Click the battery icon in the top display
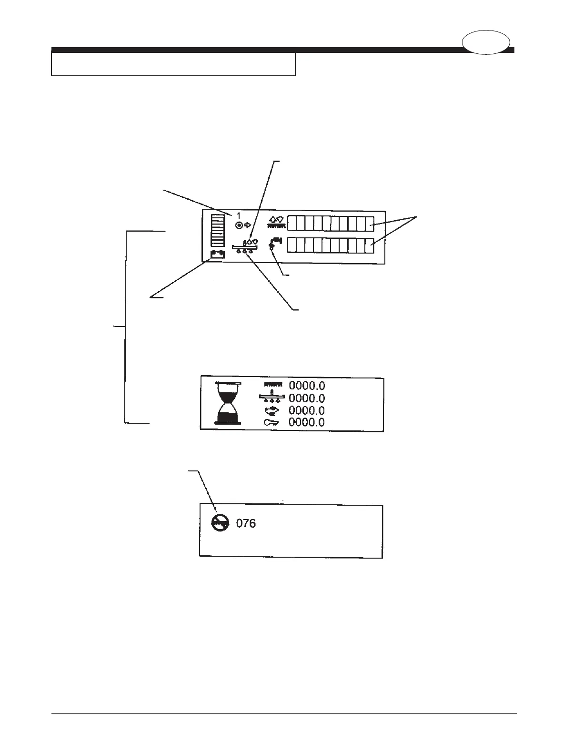coord(218,254)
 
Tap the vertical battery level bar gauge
coord(218,230)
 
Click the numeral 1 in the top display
coord(239,216)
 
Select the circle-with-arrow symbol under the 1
coord(243,225)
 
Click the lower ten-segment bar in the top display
coord(331,245)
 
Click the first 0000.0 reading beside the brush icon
coord(307,386)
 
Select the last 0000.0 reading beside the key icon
coord(307,422)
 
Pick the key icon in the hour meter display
coord(273,422)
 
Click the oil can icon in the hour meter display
coord(273,410)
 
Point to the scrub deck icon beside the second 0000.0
coord(272,398)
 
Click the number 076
coord(246,523)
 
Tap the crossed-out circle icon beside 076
coord(220,524)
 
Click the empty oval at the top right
coord(486,42)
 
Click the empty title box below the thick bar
coord(173,64)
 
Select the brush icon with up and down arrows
coord(276,222)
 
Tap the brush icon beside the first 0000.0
coord(273,385)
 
